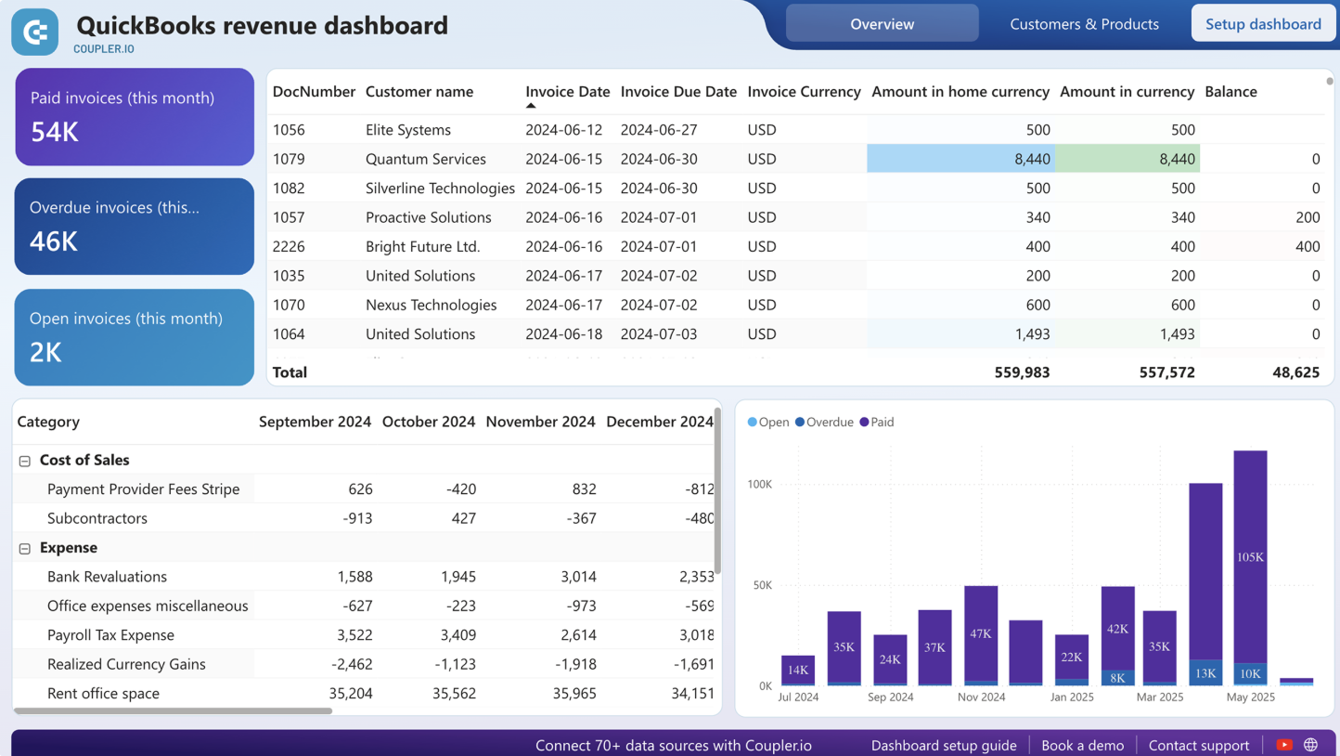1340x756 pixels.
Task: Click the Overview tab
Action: (882, 24)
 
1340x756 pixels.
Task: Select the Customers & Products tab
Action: (1084, 24)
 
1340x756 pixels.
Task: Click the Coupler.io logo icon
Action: (35, 33)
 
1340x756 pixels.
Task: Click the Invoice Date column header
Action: (567, 92)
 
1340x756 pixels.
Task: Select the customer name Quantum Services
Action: (425, 159)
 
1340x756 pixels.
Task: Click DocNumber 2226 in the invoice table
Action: (289, 246)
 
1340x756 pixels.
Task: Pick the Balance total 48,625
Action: (1295, 372)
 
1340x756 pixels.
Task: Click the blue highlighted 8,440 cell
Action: (960, 159)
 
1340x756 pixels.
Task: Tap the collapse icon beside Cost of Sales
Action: (25, 461)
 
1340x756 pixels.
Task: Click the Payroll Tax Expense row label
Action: (110, 635)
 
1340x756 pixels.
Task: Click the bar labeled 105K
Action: (1250, 557)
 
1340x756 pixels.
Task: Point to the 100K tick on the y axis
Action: (759, 485)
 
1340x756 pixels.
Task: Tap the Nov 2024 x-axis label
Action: (981, 697)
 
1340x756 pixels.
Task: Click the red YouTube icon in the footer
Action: (1284, 745)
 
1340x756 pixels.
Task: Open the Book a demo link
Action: (1082, 745)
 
